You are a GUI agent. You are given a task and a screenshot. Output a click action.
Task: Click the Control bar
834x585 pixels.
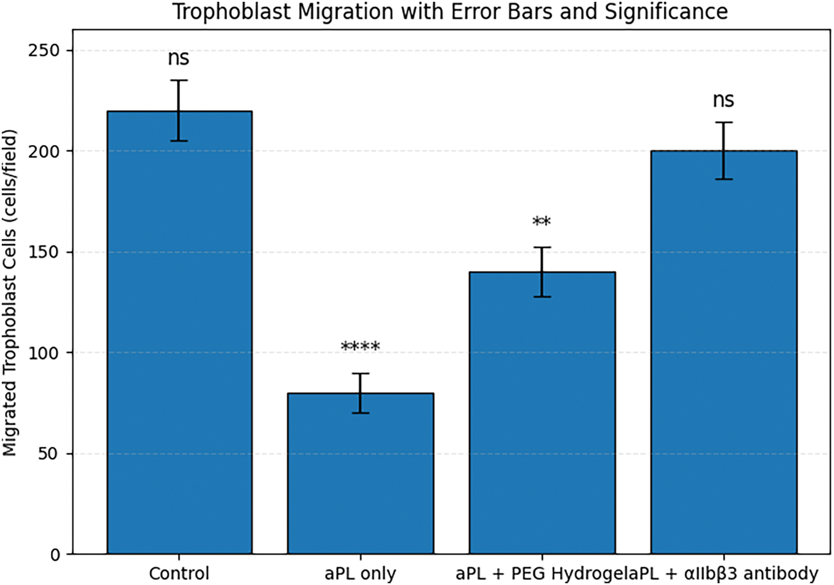(179, 332)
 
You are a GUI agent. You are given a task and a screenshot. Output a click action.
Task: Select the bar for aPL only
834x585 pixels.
(360, 473)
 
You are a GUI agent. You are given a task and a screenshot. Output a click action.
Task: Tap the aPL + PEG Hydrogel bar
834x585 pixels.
(542, 413)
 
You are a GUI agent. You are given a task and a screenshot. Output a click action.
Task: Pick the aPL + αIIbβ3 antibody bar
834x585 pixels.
(724, 352)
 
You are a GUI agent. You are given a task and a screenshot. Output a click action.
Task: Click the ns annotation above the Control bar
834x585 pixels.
(178, 58)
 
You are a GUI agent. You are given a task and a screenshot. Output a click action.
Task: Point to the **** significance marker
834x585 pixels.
(360, 346)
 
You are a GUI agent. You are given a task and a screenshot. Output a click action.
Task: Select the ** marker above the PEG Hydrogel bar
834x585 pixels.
(542, 221)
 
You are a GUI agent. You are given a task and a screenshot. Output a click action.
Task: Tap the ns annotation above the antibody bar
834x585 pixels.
(723, 101)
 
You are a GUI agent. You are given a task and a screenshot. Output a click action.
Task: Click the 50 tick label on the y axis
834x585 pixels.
(49, 453)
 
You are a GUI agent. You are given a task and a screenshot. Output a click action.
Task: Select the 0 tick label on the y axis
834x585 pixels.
(55, 554)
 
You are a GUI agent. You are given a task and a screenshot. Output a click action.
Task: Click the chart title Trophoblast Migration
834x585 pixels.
(450, 12)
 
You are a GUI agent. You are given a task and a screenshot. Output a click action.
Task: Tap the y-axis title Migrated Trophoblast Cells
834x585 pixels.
(10, 292)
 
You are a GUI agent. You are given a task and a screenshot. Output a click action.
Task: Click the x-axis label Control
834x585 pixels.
(179, 573)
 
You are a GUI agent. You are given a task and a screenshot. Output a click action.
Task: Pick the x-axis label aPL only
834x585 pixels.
(360, 574)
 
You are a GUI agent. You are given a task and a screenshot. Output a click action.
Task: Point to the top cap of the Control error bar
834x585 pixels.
(178, 80)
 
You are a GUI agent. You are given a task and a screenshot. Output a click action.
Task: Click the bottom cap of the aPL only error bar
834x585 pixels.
(360, 413)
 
